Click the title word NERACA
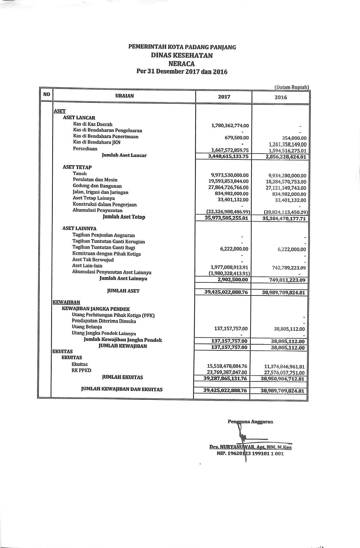click(182, 64)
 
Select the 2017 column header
click(224, 97)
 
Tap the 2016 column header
click(281, 97)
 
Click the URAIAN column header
click(125, 96)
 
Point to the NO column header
click(47, 94)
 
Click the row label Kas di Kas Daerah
click(93, 124)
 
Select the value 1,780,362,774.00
click(230, 126)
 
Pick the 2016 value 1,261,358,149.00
click(287, 144)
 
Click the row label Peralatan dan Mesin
click(95, 180)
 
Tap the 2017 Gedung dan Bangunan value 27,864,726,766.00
click(226, 187)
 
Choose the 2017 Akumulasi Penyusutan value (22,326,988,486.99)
click(228, 212)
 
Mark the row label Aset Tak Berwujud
click(93, 260)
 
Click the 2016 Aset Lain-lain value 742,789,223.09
click(289, 268)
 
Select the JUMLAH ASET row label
click(123, 291)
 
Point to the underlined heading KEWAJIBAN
click(66, 302)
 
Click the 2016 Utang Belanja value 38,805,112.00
click(289, 329)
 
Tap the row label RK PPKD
click(81, 370)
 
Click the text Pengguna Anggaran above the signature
click(250, 422)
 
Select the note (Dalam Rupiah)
click(292, 87)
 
